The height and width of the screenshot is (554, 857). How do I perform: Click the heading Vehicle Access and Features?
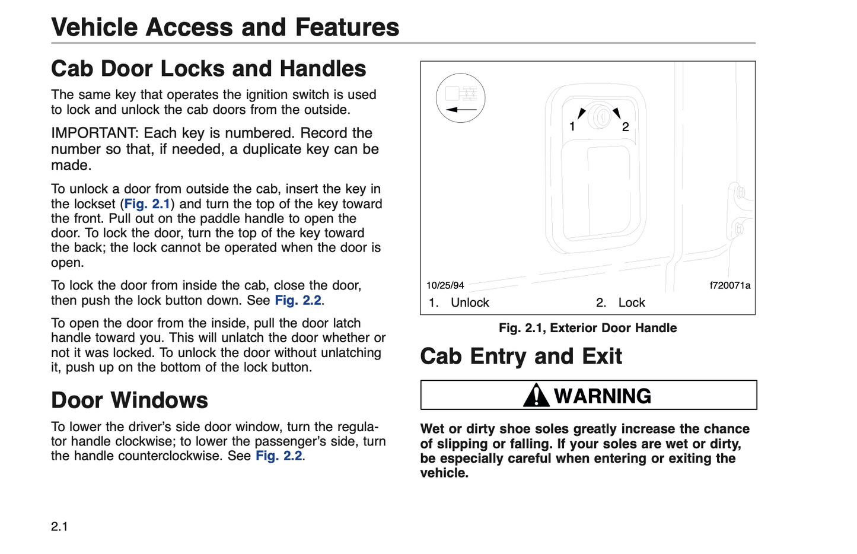coord(225,27)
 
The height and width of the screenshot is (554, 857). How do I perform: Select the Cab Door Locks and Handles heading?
coord(208,69)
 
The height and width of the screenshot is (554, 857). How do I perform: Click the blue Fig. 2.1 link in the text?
coord(147,204)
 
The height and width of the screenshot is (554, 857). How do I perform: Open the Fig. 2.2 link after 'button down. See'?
coord(298,300)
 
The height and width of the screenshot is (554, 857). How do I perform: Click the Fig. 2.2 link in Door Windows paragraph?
coord(279,456)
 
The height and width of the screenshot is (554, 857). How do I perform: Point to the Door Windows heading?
coord(129,400)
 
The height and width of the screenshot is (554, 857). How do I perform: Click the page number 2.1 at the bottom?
coord(59,526)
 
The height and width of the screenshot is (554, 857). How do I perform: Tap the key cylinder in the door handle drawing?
coord(600,117)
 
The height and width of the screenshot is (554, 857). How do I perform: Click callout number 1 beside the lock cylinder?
coord(572,126)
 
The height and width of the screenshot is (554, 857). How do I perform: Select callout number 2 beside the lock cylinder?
coord(625,126)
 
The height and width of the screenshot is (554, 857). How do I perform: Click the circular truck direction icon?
coord(460,98)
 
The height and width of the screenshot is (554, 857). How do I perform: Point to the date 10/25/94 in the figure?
coord(445,285)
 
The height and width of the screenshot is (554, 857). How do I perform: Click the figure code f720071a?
coord(729,285)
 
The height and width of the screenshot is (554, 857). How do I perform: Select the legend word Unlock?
coord(470,303)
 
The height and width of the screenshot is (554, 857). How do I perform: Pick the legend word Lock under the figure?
coord(632,303)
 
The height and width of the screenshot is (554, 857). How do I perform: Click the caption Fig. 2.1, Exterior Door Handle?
coord(587,328)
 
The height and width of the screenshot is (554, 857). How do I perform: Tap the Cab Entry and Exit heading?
coord(521,356)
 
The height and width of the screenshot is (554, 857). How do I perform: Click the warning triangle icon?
coord(536,395)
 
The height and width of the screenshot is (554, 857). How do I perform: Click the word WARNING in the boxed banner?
coord(603,396)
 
